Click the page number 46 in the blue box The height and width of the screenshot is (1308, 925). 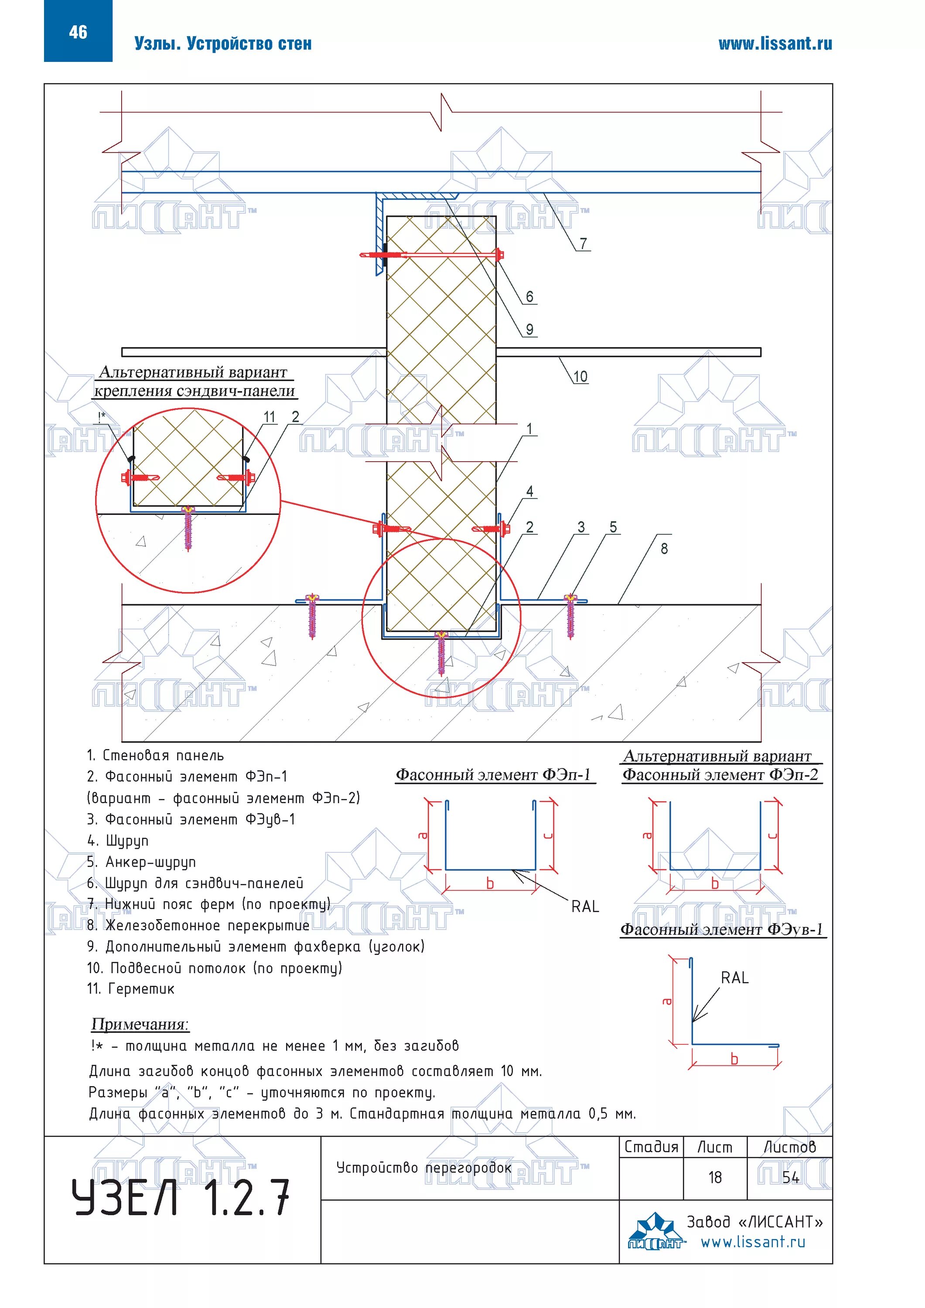(78, 32)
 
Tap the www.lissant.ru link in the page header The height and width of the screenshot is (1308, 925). (775, 44)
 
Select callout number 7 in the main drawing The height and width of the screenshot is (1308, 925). (583, 244)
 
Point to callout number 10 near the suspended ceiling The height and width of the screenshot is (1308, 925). (580, 377)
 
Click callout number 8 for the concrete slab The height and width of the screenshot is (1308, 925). (664, 548)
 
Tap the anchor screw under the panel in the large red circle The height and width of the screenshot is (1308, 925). (441, 652)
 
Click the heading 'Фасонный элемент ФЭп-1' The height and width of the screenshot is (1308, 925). (494, 775)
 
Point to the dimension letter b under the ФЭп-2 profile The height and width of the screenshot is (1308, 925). (715, 884)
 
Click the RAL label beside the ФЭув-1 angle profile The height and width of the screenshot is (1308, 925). (734, 978)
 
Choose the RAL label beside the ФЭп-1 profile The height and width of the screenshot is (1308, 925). (585, 906)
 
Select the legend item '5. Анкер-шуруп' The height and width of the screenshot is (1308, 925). (141, 862)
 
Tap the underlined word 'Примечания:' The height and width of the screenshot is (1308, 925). (140, 1024)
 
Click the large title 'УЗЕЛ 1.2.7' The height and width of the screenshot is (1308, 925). (181, 1198)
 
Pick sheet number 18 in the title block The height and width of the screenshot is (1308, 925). (715, 1177)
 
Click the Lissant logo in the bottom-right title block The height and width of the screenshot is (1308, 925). (655, 1232)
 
